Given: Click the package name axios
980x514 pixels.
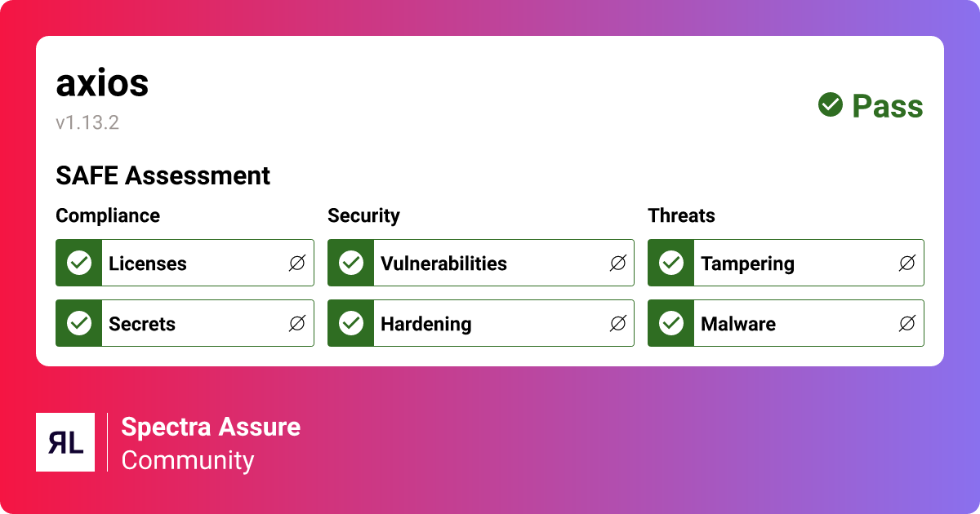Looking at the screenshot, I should point(102,83).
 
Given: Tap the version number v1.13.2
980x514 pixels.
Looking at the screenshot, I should point(87,123).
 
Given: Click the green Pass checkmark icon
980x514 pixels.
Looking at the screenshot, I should point(831,104).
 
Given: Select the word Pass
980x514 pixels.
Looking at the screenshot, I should point(888,106).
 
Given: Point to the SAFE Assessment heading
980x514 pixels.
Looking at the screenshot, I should point(163,175).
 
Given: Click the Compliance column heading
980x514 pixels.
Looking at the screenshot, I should point(108,215).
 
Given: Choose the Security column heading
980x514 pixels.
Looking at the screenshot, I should point(363,215).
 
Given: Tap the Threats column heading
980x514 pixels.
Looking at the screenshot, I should point(681,215).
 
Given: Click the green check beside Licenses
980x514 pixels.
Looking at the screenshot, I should point(79,263).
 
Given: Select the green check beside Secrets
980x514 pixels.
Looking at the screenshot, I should point(79,323).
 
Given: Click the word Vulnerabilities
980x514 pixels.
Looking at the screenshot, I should point(443,264).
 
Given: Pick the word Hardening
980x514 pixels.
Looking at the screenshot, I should point(425,324).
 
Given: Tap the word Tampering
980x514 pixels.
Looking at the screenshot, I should point(747,264).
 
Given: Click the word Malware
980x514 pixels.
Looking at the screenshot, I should point(738,324).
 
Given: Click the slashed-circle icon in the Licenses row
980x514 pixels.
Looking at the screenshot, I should point(297,263).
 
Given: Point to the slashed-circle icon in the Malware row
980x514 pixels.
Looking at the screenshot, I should point(907,323).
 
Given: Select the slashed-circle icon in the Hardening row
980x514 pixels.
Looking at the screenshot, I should point(618,323).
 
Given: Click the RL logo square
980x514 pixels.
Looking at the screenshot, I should point(65,442).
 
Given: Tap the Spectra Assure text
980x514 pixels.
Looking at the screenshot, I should point(211,427).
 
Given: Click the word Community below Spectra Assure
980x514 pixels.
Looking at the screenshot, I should point(188,460).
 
